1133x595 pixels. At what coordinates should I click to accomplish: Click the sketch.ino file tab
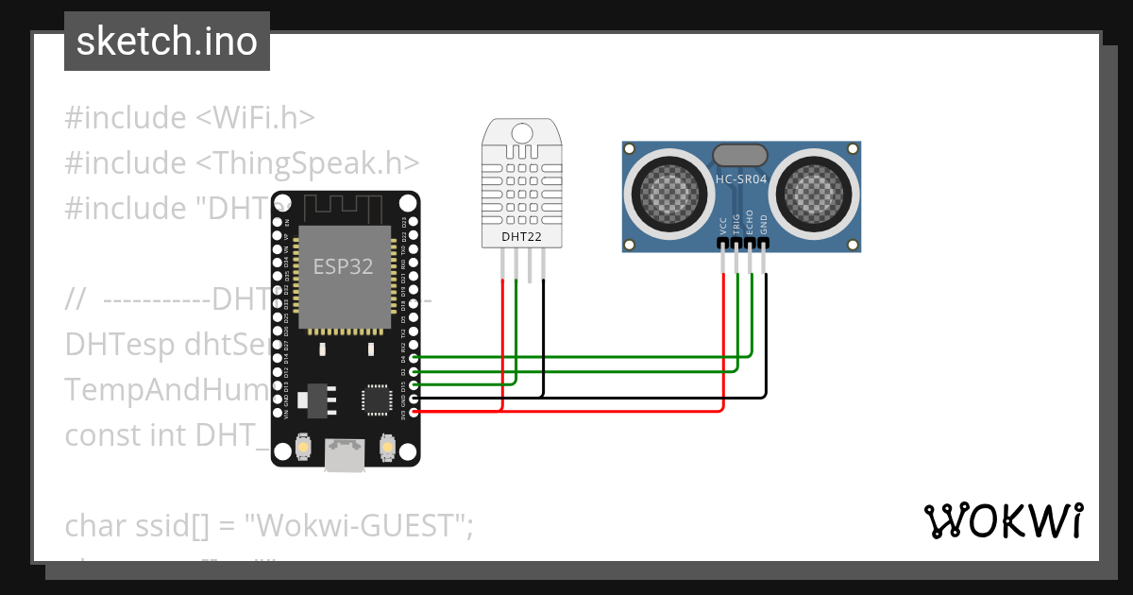tap(167, 42)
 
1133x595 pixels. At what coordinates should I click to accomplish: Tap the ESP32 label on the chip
tap(343, 266)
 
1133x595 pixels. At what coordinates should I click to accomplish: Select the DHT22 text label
tap(521, 237)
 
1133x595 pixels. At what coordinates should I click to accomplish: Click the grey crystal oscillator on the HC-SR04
tap(741, 154)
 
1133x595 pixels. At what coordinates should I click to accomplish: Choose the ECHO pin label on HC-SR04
tap(751, 221)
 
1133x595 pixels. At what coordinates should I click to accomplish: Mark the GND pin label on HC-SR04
tap(764, 224)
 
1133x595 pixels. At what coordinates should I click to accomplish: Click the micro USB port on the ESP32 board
tap(345, 455)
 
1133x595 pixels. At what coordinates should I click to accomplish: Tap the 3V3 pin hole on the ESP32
tap(412, 412)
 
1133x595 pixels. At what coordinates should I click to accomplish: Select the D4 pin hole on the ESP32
tap(412, 359)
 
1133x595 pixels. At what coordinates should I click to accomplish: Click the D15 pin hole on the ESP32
tap(412, 385)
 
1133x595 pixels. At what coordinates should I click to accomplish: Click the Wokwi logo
tap(1003, 521)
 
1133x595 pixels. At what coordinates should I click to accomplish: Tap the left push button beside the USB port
tap(304, 446)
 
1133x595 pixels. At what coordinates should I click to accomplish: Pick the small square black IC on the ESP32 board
tap(376, 399)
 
